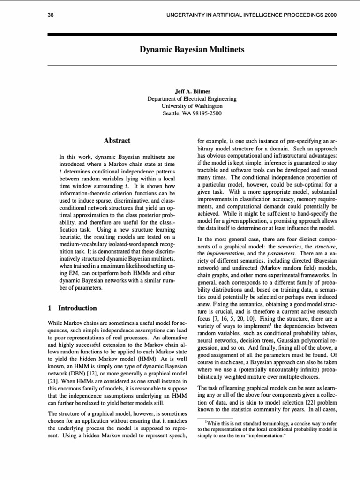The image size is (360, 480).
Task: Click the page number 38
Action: (x=51, y=15)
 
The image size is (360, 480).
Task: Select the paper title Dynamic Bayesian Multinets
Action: (x=192, y=49)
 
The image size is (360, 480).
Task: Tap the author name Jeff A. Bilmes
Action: (x=192, y=92)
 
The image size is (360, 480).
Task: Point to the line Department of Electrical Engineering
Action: (x=192, y=99)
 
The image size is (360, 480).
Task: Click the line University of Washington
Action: (x=192, y=106)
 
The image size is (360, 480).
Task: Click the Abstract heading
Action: (x=117, y=140)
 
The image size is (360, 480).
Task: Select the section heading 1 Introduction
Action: (x=73, y=308)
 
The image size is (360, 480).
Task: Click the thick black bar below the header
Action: (x=192, y=34)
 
